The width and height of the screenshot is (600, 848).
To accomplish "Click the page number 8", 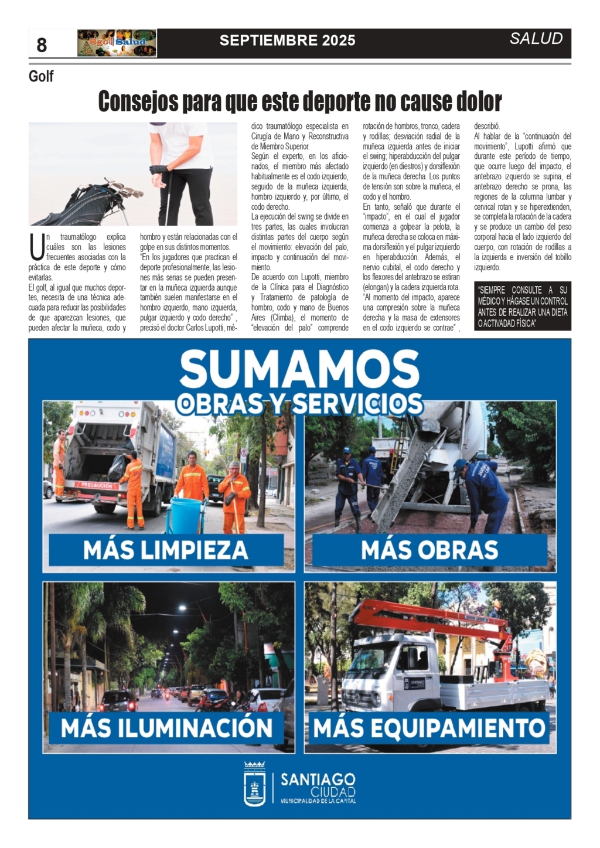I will [42, 45].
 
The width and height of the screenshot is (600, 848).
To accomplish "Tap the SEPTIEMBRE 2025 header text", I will [287, 40].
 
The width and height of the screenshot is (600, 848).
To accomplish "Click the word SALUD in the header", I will [536, 39].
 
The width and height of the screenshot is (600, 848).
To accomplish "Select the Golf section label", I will [41, 76].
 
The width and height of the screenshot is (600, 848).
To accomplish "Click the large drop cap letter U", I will [36, 247].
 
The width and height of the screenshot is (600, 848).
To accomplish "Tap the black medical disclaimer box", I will [522, 306].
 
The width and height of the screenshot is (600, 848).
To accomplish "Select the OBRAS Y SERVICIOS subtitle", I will [299, 404].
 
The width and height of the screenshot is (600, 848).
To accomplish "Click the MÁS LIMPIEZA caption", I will [166, 550].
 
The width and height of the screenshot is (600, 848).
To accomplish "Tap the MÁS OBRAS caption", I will [429, 550].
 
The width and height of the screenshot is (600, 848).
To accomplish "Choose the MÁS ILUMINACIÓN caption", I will [166, 728].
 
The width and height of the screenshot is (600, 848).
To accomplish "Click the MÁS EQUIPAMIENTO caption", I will [429, 728].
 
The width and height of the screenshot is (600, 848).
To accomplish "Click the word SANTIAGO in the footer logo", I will [318, 779].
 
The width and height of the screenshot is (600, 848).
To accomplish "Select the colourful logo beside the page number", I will [117, 43].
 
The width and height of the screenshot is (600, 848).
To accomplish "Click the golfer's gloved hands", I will [158, 173].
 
